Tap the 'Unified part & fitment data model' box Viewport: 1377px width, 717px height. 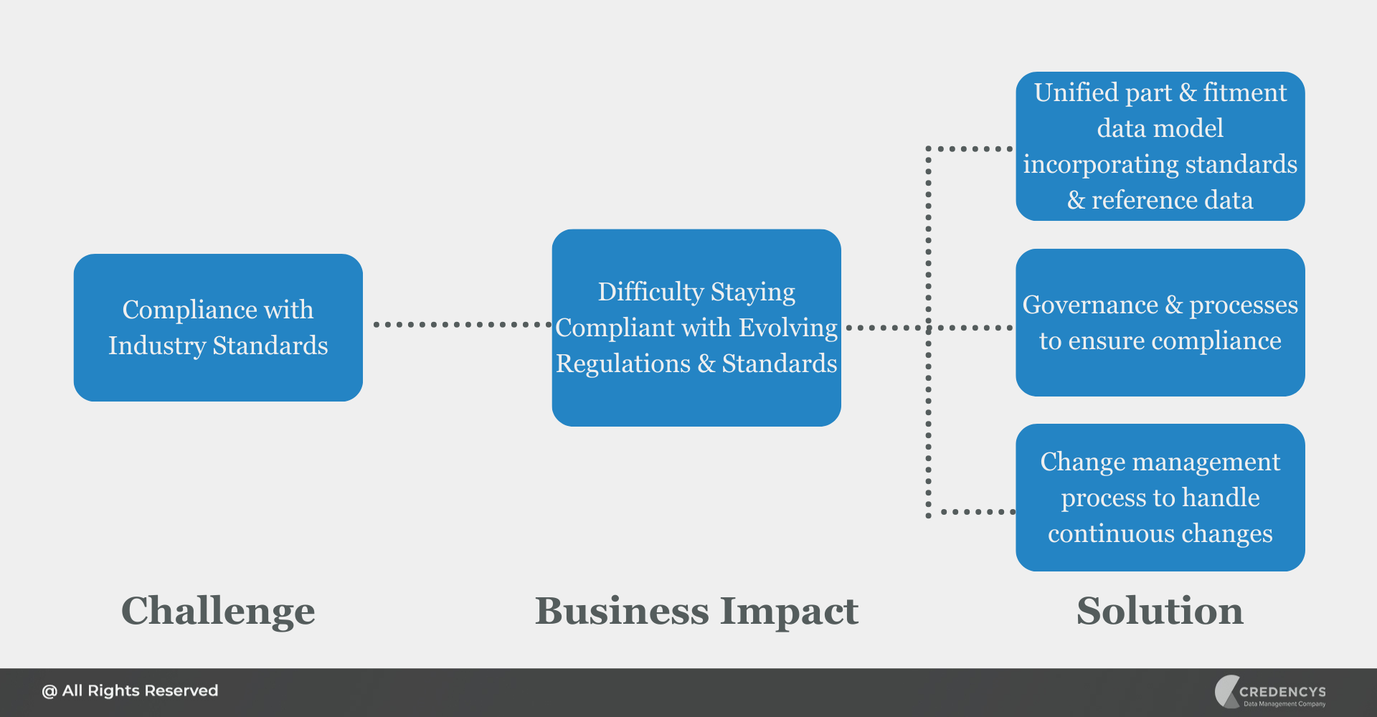click(1160, 146)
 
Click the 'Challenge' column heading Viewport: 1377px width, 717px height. click(218, 611)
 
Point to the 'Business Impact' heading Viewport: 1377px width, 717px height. click(696, 611)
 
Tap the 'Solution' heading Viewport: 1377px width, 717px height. click(1160, 611)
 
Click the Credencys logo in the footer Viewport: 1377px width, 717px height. click(1269, 692)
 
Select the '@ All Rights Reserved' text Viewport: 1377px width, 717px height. click(130, 691)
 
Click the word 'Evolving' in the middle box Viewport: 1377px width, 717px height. click(788, 328)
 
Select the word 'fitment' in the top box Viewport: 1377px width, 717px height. click(1244, 92)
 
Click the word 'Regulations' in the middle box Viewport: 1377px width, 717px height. click(623, 364)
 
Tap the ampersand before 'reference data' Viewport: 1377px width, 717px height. click(1076, 200)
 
